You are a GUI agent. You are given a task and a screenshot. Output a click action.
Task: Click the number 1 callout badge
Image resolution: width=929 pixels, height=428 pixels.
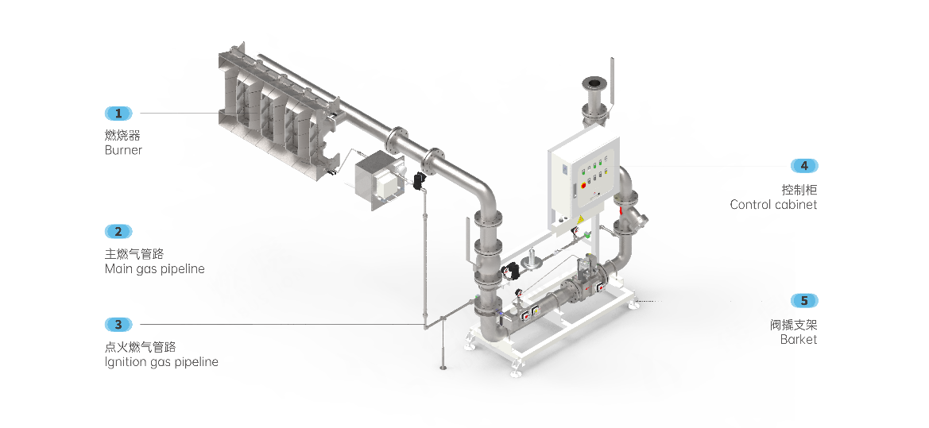(x=118, y=113)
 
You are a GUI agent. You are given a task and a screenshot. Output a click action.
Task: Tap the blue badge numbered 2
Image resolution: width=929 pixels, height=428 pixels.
(x=118, y=231)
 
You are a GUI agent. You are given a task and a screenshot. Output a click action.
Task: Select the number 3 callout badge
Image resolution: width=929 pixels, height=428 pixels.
(x=118, y=325)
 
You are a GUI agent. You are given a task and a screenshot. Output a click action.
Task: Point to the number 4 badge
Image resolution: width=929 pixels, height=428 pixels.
(x=804, y=166)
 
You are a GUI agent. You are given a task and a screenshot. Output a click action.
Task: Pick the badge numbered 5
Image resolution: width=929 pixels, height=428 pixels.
(x=804, y=301)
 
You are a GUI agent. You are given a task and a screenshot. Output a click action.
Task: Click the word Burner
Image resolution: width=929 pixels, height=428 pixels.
(x=123, y=150)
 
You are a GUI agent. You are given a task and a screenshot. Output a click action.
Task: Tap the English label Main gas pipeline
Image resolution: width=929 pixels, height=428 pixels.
(x=155, y=269)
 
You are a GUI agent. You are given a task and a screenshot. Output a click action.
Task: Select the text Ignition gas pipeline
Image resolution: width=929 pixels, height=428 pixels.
(x=161, y=362)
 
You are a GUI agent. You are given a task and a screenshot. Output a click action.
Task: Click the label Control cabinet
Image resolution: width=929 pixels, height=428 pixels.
(x=773, y=205)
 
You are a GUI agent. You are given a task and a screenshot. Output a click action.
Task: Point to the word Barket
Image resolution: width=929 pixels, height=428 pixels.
(x=799, y=340)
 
